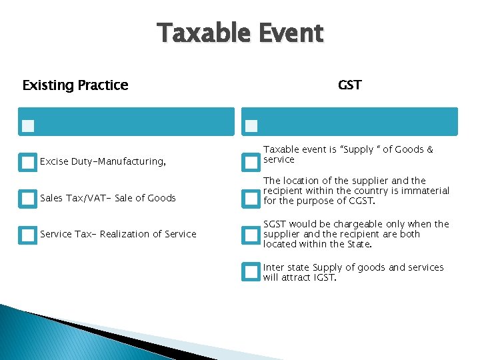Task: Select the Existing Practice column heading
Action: point(75,85)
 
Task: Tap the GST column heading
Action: point(350,85)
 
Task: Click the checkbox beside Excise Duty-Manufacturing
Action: point(27,162)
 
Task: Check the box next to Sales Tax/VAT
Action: point(27,198)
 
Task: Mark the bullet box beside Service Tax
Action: point(27,235)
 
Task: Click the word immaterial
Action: point(425,191)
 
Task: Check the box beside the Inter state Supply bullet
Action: point(250,271)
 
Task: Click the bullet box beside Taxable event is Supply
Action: point(250,162)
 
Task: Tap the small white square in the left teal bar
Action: point(27,125)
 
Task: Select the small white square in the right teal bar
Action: point(251,125)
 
